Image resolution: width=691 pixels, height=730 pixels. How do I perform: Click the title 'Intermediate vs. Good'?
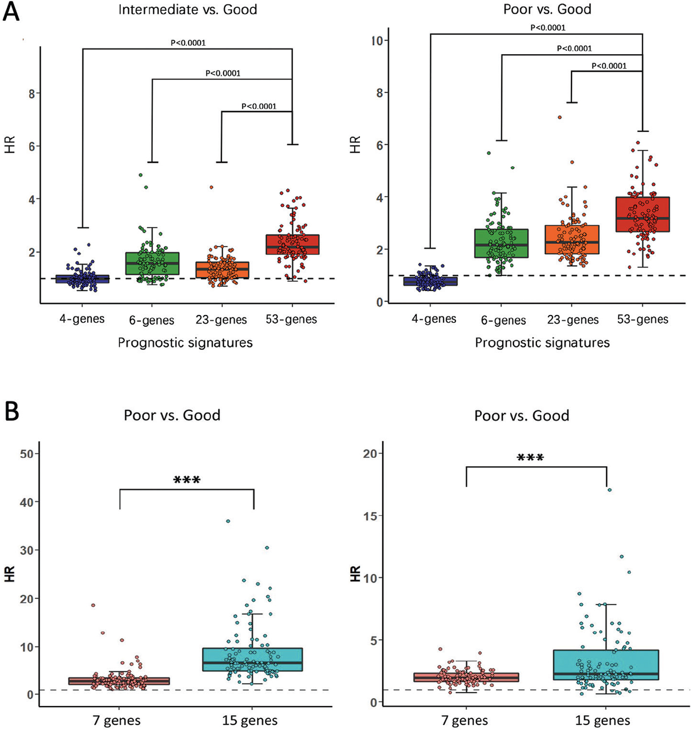[x=188, y=10]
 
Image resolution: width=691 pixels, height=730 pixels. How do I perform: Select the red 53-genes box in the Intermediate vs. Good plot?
[x=293, y=244]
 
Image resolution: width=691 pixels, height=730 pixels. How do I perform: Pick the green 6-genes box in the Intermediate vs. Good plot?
[x=152, y=263]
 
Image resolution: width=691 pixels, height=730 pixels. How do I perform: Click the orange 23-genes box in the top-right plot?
[x=572, y=239]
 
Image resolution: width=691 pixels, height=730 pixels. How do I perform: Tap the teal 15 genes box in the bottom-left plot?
[x=253, y=659]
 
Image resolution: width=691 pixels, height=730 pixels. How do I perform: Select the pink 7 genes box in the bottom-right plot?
[x=466, y=677]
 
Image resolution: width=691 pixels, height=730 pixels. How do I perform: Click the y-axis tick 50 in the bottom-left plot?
[x=27, y=454]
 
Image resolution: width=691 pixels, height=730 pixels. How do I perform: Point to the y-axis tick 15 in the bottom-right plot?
[x=370, y=516]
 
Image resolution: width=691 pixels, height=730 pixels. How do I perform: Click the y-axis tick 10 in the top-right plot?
[x=377, y=40]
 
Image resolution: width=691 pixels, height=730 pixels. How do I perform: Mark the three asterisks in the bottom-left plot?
[x=187, y=480]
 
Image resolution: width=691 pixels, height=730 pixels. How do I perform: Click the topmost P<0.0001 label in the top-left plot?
[x=188, y=43]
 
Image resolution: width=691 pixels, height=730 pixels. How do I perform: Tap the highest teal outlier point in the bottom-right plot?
[x=610, y=490]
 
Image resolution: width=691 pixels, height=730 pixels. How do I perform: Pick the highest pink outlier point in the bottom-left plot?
[x=93, y=605]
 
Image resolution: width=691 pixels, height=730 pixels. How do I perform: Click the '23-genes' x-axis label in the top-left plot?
[x=221, y=320]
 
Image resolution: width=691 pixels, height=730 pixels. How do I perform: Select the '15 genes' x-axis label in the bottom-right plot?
[x=602, y=720]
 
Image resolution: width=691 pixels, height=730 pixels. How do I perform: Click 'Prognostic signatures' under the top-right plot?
[x=542, y=343]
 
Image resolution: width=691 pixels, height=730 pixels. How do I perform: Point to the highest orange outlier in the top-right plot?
[x=560, y=117]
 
